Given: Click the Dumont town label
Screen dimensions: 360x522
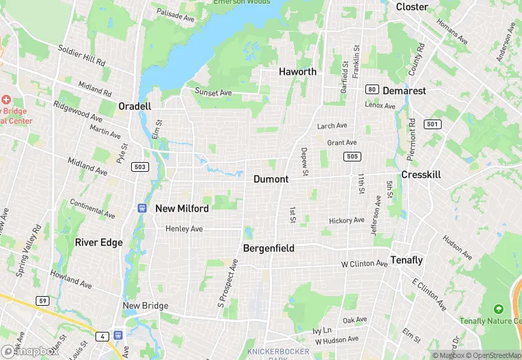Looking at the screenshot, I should [x=271, y=179].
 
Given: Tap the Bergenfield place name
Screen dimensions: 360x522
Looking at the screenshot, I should [x=269, y=248].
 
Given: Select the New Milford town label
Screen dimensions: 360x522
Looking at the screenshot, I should [x=182, y=208].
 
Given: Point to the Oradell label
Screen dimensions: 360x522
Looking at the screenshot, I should [x=135, y=106].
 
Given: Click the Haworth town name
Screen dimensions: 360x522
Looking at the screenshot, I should [x=297, y=71].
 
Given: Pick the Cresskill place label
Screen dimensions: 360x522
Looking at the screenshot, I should [x=421, y=175].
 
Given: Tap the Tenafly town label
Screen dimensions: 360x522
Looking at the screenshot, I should [x=407, y=260].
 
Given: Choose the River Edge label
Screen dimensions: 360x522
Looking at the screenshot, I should [x=99, y=242].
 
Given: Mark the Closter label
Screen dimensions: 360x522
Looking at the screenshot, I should [x=412, y=7].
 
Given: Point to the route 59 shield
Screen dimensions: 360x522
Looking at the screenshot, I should [x=42, y=300].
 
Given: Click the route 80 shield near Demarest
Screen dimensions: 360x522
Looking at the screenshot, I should [x=372, y=89].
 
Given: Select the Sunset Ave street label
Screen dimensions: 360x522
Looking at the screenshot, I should [x=213, y=92].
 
